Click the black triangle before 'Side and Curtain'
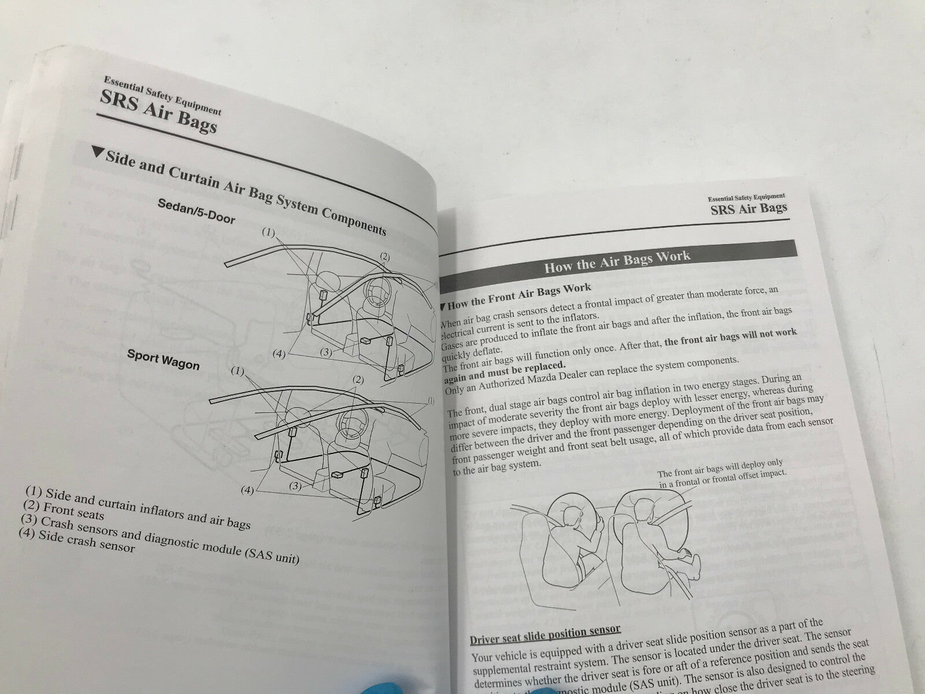click(x=98, y=153)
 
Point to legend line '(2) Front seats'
click(x=64, y=511)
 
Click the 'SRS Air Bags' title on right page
click(x=749, y=208)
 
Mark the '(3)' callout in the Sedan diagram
click(x=325, y=352)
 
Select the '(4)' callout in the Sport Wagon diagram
click(x=247, y=490)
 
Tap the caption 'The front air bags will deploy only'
click(x=719, y=466)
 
